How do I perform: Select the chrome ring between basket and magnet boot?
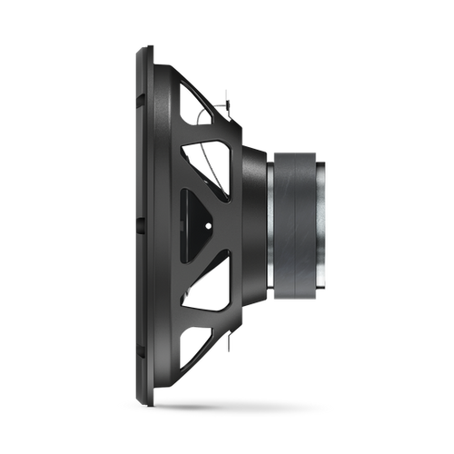(271, 222)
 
